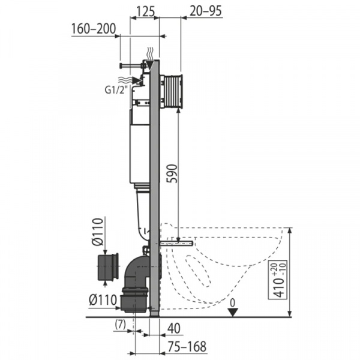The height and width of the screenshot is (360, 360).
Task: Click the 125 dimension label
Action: click(x=146, y=11)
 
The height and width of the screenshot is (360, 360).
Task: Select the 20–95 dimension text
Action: click(x=206, y=11)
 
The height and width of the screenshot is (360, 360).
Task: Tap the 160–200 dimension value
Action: click(x=94, y=29)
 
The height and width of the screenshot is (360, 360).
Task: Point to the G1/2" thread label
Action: click(x=116, y=89)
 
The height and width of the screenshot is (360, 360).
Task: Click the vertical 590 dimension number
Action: click(x=172, y=174)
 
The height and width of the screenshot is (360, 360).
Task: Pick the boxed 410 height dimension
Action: click(x=278, y=280)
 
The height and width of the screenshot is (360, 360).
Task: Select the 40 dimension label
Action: click(x=174, y=328)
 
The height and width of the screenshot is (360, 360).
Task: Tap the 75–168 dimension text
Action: click(x=187, y=346)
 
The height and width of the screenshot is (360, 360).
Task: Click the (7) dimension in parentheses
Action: click(x=120, y=325)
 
